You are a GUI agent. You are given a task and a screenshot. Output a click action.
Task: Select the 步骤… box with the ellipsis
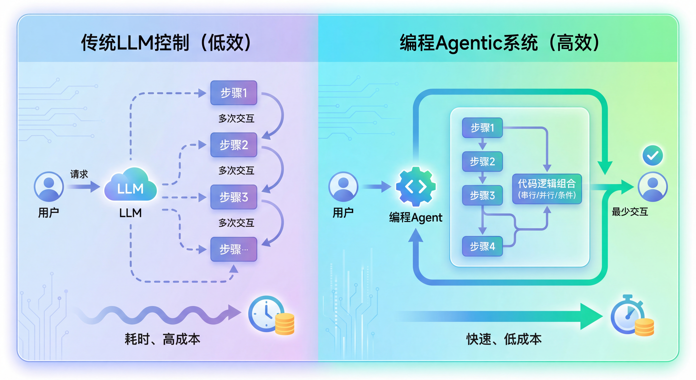233,249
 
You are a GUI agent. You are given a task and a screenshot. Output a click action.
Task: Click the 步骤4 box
482,246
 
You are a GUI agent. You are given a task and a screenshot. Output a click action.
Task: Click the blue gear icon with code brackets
416,187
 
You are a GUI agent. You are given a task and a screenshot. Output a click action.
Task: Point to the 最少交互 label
630,212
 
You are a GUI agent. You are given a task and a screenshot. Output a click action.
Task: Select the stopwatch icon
627,315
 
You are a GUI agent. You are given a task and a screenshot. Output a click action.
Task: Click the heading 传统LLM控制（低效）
166,43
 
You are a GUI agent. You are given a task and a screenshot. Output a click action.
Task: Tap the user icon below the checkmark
652,187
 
